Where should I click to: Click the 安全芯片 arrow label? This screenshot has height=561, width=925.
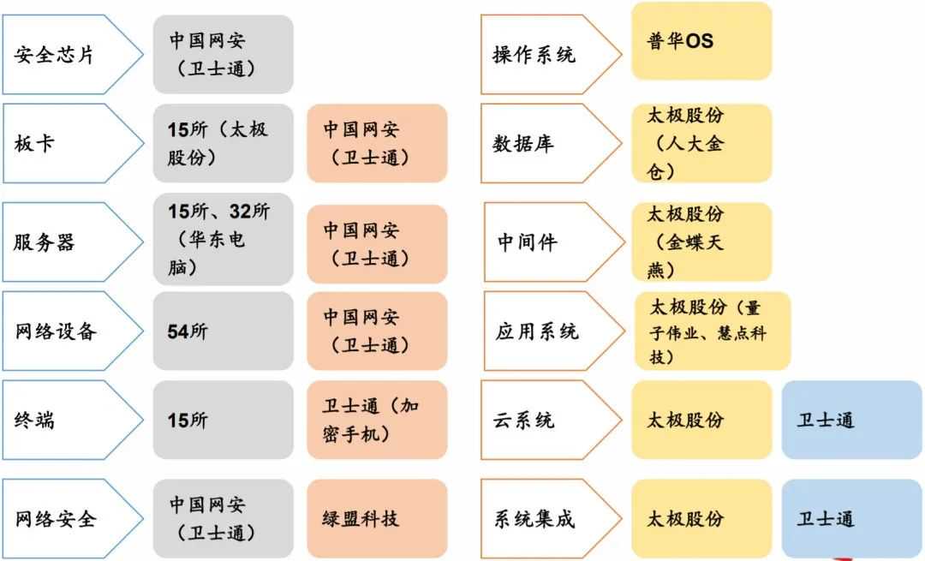73,55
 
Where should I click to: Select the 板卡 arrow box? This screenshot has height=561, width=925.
73,143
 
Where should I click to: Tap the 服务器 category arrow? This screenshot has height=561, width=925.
73,242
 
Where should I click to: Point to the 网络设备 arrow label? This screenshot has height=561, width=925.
73,331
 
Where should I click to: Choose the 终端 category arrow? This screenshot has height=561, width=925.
73,420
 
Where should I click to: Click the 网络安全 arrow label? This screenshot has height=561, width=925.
73,518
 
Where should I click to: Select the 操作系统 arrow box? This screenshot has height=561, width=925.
551,55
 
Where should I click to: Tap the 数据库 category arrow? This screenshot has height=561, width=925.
551,143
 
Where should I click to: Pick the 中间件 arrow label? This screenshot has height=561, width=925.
554,242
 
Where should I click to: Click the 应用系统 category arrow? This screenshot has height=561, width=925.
554,331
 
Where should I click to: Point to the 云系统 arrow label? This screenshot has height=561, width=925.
551,420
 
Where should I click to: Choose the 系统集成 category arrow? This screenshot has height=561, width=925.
551,518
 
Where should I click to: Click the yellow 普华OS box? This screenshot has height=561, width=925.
701,41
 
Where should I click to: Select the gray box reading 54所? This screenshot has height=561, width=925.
223,331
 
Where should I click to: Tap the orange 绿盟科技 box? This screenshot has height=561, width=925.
377,518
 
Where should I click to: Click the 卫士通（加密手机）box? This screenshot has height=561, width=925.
377,420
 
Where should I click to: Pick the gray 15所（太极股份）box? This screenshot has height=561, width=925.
223,143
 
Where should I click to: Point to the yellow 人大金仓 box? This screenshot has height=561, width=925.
701,143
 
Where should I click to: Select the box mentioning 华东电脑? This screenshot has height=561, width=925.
223,239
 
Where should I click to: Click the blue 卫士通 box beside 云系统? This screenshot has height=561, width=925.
852,420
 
